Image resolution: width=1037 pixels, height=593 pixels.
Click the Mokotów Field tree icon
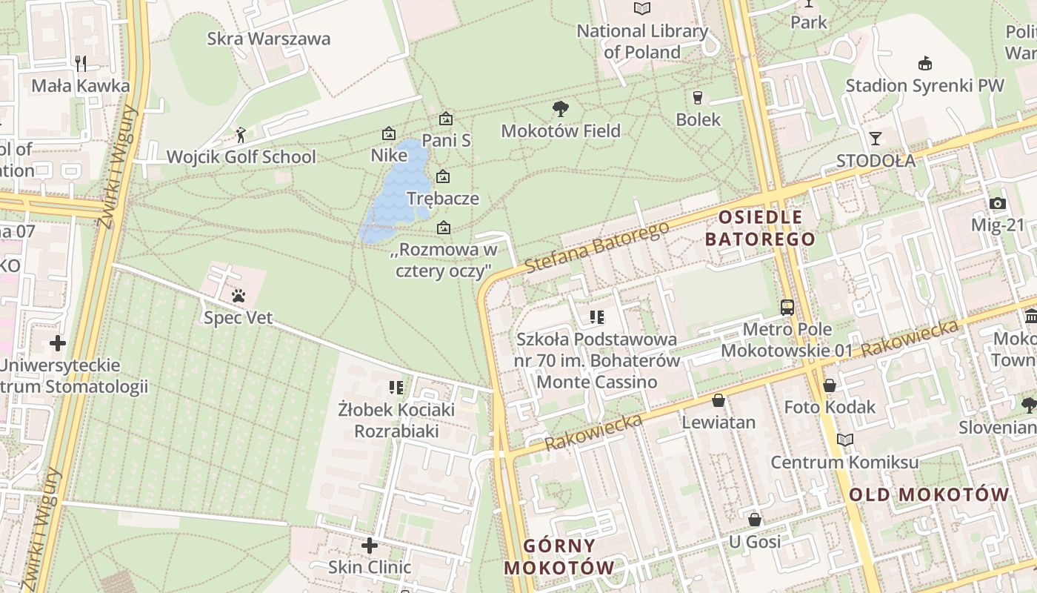561,109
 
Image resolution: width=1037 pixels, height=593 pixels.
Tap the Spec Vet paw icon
238,296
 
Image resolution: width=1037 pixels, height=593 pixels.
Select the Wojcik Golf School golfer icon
240,135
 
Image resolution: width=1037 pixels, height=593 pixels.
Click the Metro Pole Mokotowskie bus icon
787,307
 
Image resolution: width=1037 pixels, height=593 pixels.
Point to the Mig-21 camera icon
997,204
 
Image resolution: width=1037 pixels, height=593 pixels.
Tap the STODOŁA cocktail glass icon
876,139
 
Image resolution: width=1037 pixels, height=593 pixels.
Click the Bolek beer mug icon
697,97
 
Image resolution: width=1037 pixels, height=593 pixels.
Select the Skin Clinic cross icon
369,546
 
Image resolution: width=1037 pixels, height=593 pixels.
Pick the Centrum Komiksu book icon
844,440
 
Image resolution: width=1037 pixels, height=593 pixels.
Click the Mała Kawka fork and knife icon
81,64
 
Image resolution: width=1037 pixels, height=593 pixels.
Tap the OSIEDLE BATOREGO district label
760,228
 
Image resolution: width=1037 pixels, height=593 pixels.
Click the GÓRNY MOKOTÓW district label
559,557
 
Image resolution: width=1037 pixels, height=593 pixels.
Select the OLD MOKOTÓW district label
929,494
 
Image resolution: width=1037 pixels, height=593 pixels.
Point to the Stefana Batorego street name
596,246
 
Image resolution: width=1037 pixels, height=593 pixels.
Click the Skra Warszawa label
268,39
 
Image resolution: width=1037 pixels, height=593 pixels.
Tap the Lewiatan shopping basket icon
718,401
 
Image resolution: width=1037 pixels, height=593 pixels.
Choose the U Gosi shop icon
754,520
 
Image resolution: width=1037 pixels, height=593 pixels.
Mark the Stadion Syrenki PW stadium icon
924,64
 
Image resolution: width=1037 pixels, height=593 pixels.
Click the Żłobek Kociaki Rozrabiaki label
396,420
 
